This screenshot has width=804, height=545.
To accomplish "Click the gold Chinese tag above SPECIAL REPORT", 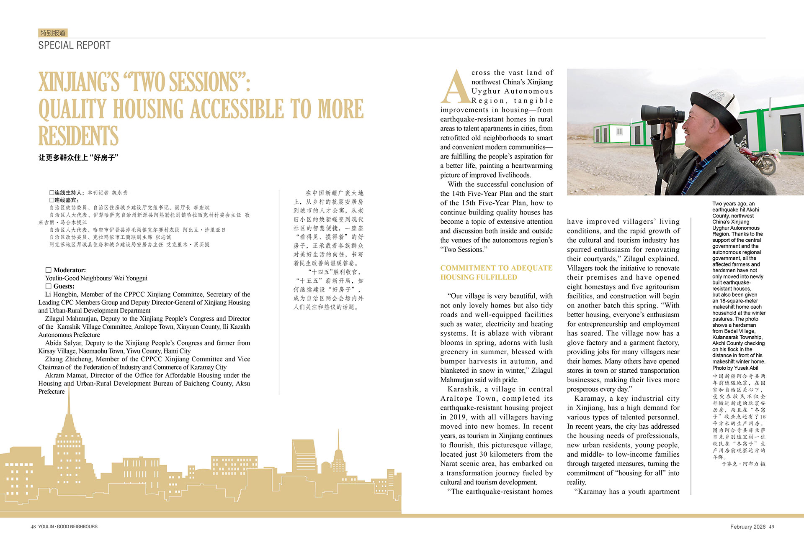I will tap(53, 33).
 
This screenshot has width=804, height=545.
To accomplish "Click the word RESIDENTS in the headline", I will tap(78, 136).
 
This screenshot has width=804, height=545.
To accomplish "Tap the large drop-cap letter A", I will tap(455, 87).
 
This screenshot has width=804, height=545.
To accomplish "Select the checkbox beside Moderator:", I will tap(48, 270).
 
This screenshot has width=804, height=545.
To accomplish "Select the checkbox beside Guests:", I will tap(48, 287).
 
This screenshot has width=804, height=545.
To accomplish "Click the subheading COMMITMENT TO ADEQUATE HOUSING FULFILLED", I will tap(496, 272).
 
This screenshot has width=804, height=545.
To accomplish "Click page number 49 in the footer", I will tap(771, 527).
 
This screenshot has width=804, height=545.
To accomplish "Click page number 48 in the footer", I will tap(33, 527).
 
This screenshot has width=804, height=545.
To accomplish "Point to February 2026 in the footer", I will tap(747, 527).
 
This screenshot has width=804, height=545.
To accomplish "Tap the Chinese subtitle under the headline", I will tap(78, 158).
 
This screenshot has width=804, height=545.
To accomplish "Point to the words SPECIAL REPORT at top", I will tap(74, 45).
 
